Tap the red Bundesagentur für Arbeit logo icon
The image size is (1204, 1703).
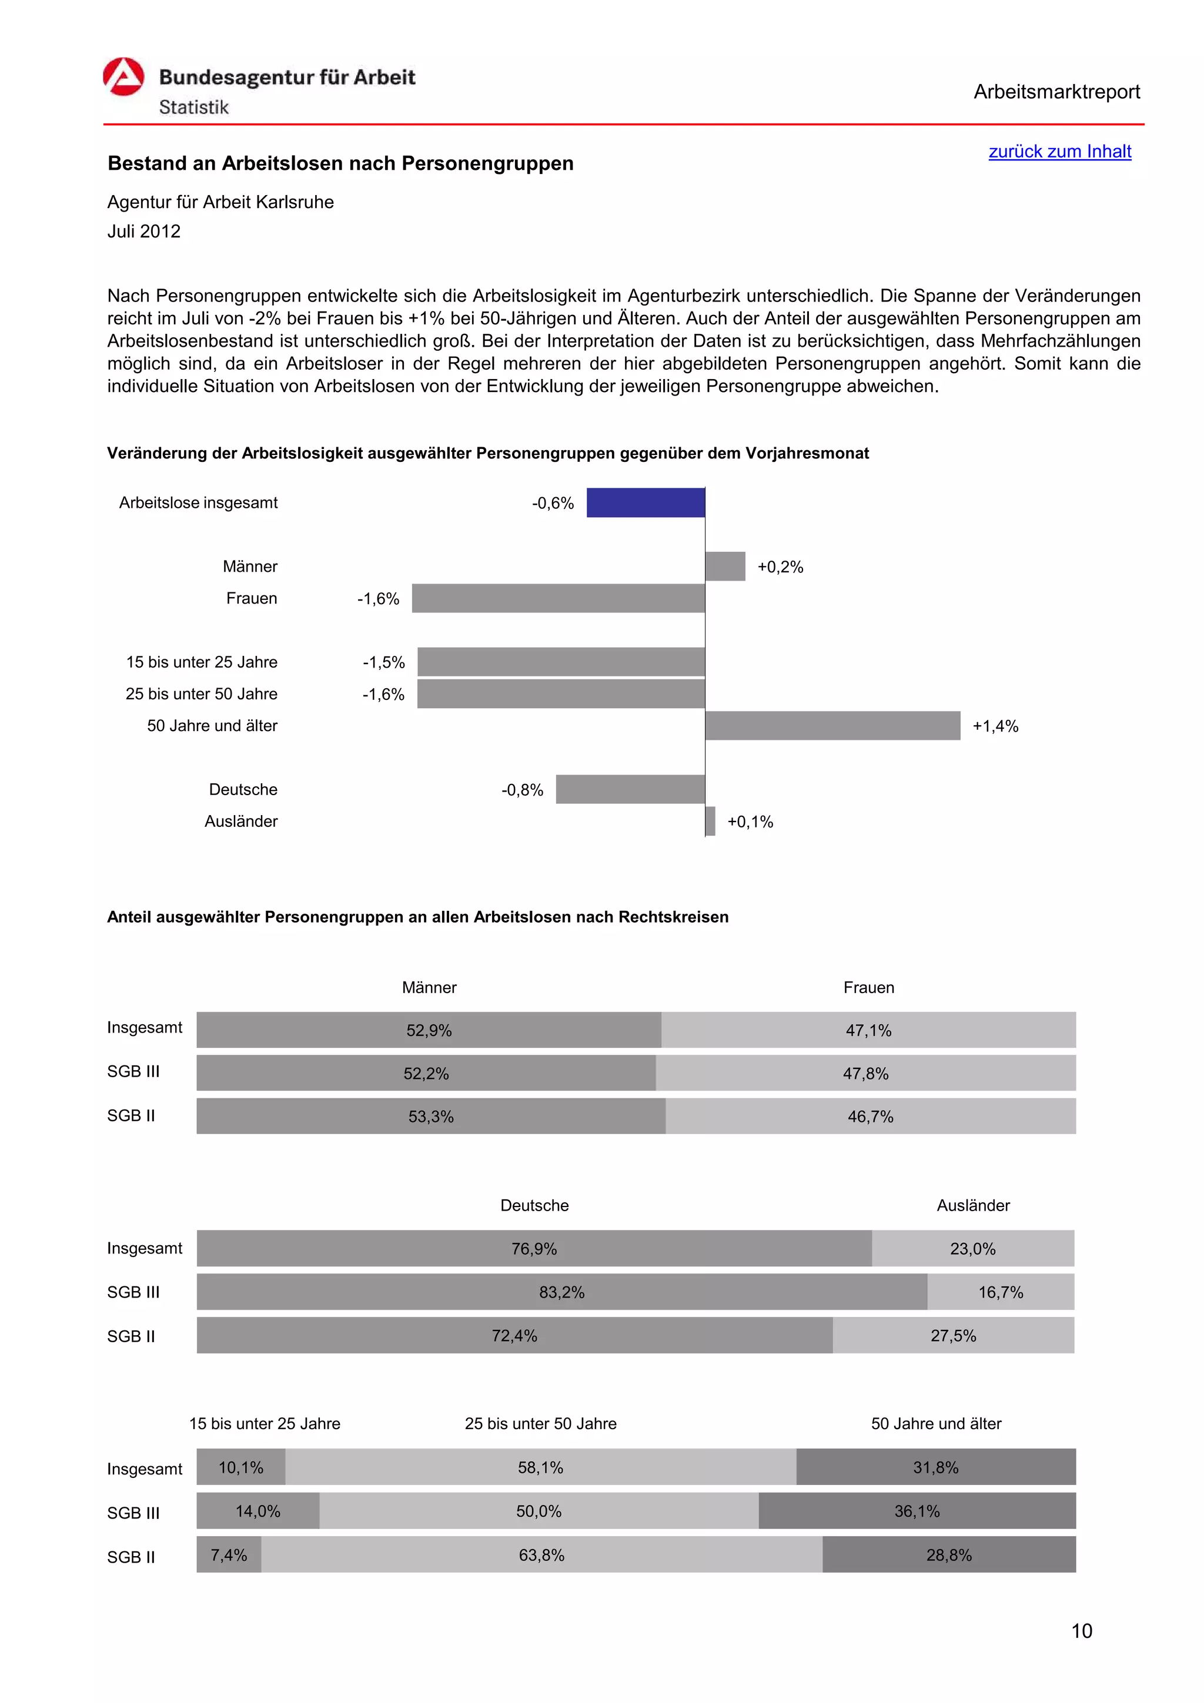click(x=123, y=77)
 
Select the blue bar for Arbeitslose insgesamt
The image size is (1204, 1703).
click(x=646, y=503)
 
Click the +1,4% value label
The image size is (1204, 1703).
click(x=995, y=726)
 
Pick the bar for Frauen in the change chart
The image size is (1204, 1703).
click(x=558, y=599)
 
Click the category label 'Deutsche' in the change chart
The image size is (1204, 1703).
click(x=243, y=789)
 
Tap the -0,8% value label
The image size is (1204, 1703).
click(x=522, y=790)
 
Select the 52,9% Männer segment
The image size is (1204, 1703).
click(x=429, y=1030)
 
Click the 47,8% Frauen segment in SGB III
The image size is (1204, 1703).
click(x=865, y=1073)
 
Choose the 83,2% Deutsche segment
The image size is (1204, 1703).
click(x=561, y=1292)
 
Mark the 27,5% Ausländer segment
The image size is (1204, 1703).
click(x=953, y=1336)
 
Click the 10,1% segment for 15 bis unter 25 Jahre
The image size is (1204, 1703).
click(x=240, y=1467)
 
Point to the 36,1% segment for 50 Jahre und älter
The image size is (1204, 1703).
click(x=917, y=1511)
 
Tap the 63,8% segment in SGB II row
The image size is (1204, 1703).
click(x=541, y=1555)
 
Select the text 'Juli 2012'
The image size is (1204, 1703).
click(x=144, y=232)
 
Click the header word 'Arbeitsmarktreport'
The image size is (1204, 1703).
click(x=1056, y=92)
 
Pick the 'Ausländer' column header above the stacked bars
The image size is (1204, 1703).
click(x=972, y=1205)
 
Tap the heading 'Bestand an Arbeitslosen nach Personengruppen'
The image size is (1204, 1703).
click(x=340, y=163)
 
